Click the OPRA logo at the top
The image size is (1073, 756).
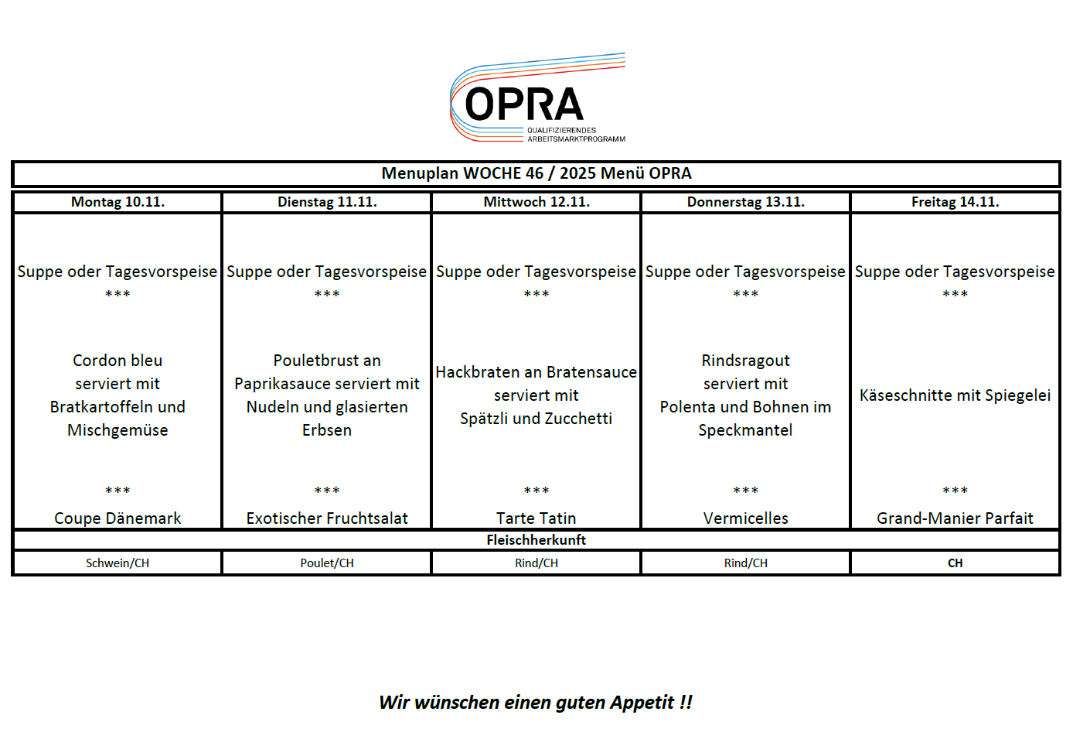(x=537, y=99)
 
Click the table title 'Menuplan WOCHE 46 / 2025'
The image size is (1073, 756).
(x=536, y=173)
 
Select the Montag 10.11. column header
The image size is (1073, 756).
(x=118, y=202)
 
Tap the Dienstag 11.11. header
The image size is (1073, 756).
(x=327, y=202)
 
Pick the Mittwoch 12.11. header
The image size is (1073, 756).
(x=536, y=202)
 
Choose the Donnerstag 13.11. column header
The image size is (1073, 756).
(x=745, y=202)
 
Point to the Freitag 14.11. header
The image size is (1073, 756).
(x=955, y=202)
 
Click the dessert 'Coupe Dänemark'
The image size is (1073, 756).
(x=118, y=518)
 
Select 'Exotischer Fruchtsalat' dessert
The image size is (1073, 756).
(x=327, y=518)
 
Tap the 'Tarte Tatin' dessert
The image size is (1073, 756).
(x=536, y=518)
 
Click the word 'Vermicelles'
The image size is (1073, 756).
(x=745, y=518)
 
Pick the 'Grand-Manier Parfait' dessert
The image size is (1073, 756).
(x=955, y=518)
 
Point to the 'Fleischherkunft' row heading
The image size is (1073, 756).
(x=536, y=540)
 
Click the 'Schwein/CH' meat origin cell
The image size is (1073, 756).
(x=118, y=563)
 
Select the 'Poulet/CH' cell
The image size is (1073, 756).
(x=327, y=563)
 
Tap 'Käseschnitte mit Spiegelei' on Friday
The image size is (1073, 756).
(x=955, y=395)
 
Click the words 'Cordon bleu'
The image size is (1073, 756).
(x=118, y=361)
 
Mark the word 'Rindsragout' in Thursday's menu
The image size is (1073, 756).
(x=745, y=361)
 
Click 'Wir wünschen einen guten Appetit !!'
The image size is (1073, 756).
(x=536, y=703)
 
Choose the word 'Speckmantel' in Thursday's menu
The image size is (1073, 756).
(x=745, y=430)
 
